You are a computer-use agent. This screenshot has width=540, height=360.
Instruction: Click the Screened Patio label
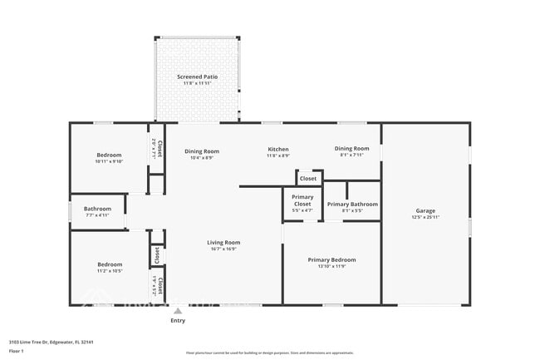pos(197,76)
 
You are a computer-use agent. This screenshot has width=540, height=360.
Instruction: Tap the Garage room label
pos(425,210)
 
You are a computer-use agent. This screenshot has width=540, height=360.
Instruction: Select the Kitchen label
pos(277,150)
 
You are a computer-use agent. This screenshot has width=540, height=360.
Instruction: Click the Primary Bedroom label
pos(331,259)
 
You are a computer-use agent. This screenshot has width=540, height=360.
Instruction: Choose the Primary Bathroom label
pos(352,204)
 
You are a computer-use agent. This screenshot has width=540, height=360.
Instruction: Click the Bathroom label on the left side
pos(97,209)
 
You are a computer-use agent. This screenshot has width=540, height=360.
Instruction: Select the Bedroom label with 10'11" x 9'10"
pos(109,155)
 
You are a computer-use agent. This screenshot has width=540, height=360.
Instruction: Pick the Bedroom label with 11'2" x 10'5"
pos(109,264)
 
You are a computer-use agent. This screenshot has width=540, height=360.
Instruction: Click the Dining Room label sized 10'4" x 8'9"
pos(202,150)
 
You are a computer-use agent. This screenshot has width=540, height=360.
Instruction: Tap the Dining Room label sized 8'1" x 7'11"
pos(352,148)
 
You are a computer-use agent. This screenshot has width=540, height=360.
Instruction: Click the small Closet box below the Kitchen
pos(308,178)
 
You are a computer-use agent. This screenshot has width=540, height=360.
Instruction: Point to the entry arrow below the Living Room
pos(178,311)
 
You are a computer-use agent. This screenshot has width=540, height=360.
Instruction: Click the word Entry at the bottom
pos(178,320)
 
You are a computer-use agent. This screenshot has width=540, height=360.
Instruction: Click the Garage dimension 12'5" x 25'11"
pos(425,217)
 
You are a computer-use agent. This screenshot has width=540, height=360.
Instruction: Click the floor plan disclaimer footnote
pos(269,353)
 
